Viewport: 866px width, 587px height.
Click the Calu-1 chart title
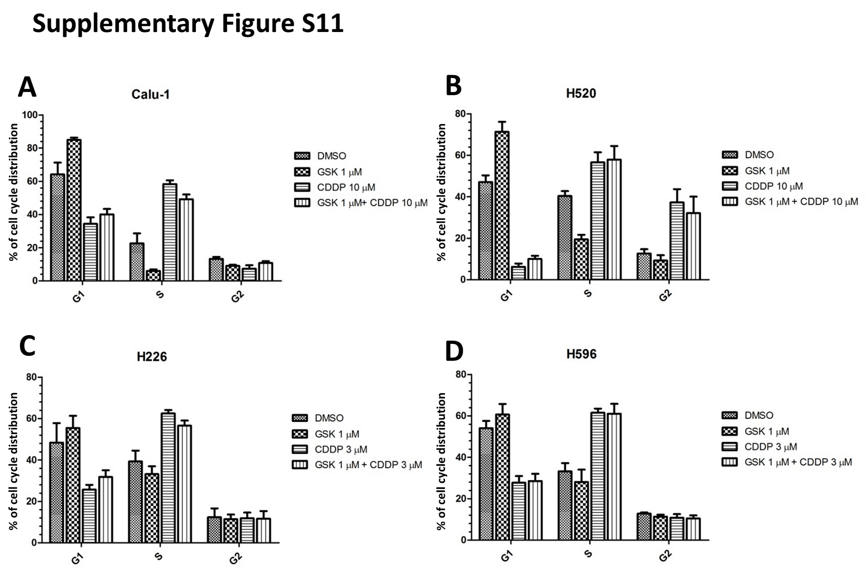[x=151, y=94]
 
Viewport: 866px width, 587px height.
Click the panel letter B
[x=453, y=86]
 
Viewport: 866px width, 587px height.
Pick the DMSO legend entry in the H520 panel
[x=759, y=155]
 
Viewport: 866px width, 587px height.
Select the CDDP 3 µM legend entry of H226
[x=341, y=449]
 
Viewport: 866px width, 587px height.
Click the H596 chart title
[x=581, y=354]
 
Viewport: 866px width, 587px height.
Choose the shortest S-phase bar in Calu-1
[x=153, y=275]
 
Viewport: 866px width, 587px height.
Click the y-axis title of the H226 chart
[x=13, y=460]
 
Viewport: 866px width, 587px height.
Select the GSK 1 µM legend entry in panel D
[x=767, y=431]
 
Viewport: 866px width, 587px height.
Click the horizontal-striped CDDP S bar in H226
[x=168, y=478]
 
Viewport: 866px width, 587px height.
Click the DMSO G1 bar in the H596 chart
[x=486, y=483]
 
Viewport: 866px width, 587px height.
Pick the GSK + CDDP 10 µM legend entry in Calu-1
[x=371, y=203]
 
